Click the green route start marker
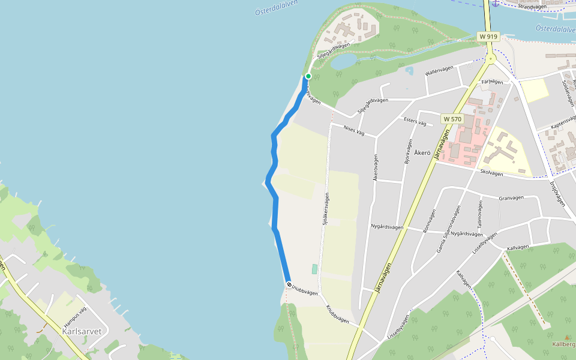(308, 76)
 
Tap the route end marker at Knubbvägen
(289, 285)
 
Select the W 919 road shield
(488, 37)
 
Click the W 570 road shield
(452, 119)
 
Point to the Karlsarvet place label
(82, 331)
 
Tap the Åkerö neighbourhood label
(422, 152)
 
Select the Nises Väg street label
(354, 129)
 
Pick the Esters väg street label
(415, 122)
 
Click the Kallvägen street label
(518, 247)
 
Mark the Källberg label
(564, 344)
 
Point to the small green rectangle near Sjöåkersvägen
(314, 269)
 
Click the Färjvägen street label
(491, 81)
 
